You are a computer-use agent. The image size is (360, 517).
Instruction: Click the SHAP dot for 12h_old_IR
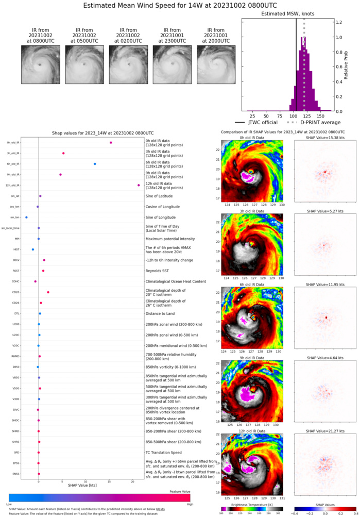(139, 185)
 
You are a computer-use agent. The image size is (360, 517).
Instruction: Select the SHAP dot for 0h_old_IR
(111, 143)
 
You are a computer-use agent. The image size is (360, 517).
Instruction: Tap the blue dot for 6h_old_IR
(95, 164)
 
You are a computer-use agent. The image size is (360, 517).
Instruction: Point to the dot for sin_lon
(26, 218)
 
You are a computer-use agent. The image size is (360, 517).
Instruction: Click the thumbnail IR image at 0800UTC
(40, 64)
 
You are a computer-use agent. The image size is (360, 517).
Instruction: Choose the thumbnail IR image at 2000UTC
(215, 64)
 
